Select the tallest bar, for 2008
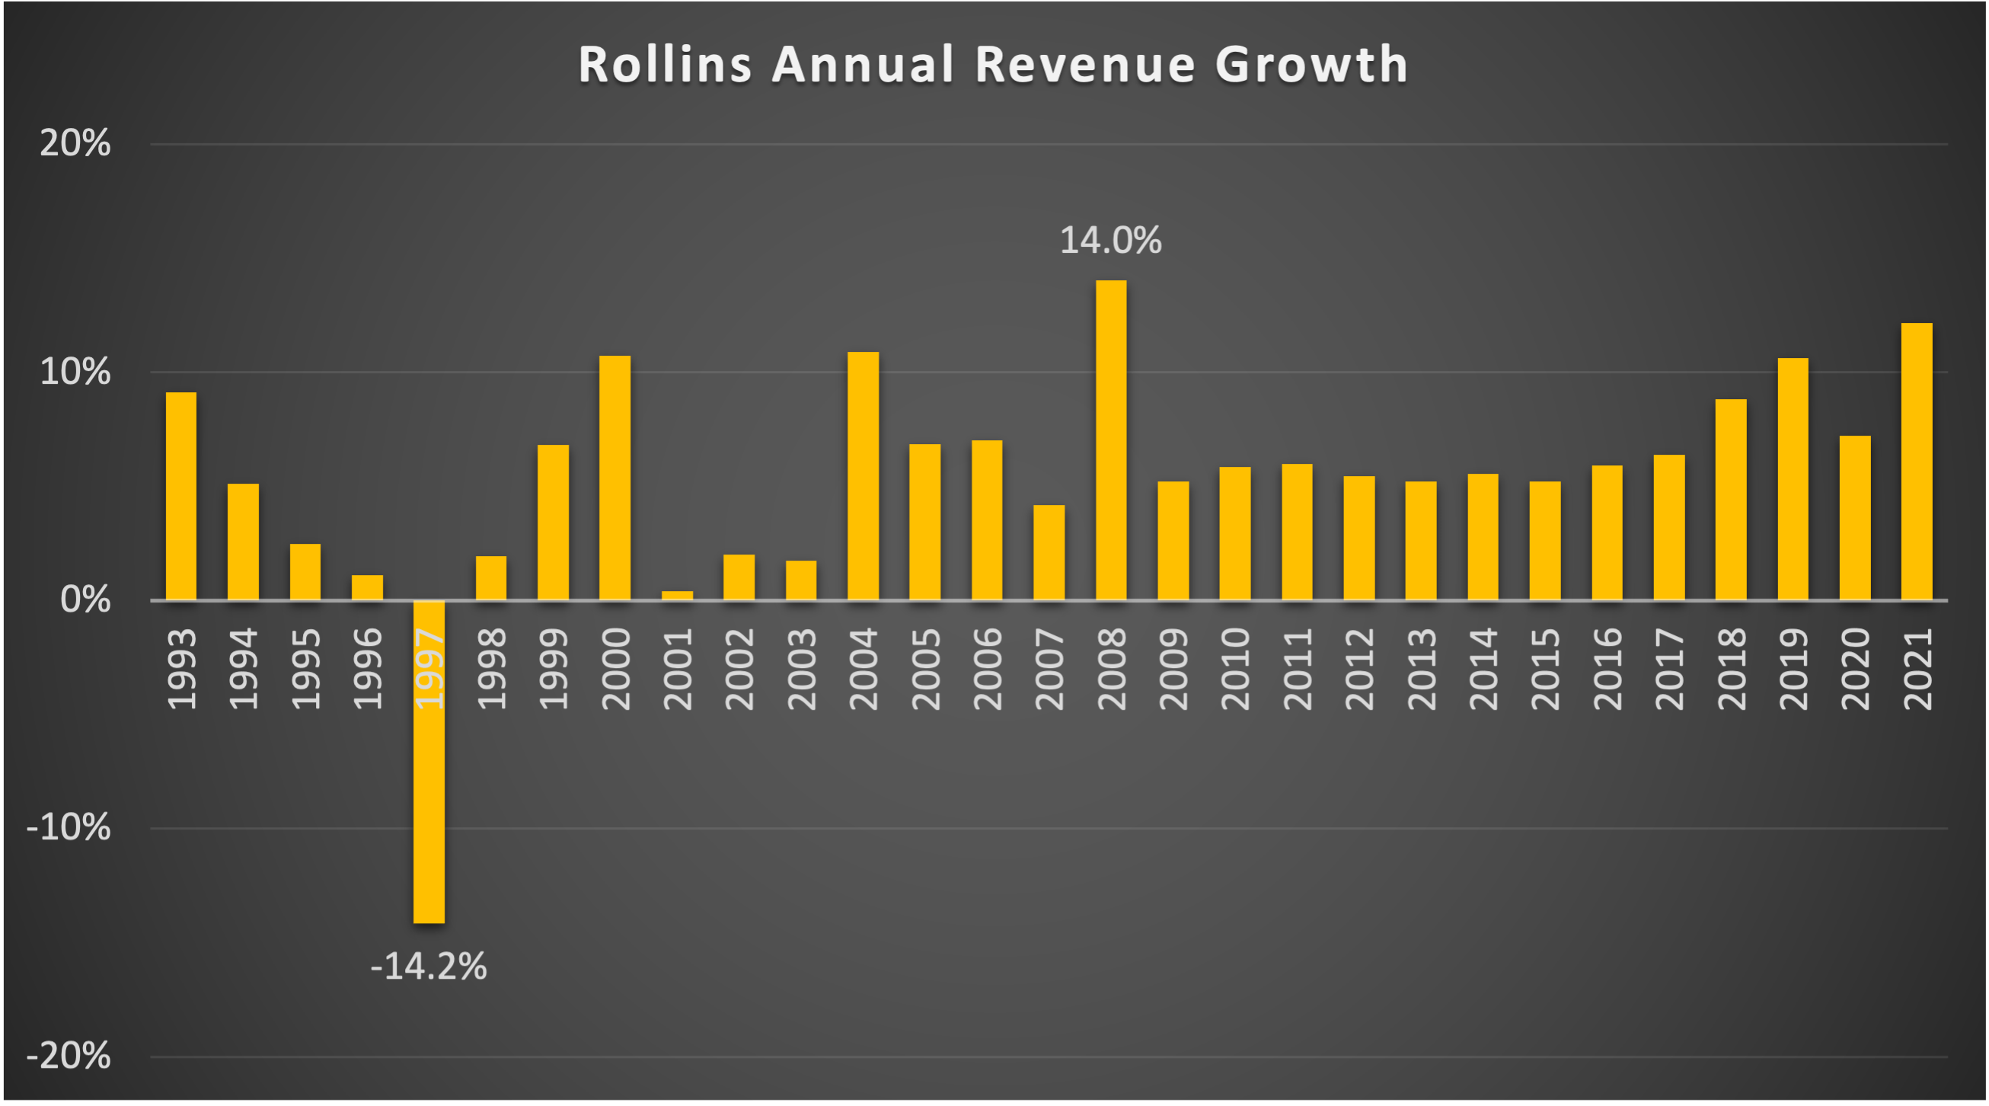tap(1111, 440)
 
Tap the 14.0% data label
tap(1110, 240)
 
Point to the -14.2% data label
tap(429, 966)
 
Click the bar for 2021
tap(1917, 461)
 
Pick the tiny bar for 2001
tap(677, 595)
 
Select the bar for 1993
tap(181, 496)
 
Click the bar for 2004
tap(864, 476)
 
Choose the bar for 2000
tap(615, 478)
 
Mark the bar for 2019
tap(1793, 479)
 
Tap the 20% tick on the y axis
tap(75, 144)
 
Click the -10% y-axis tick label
tap(69, 828)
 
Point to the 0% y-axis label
tap(85, 600)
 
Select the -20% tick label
tap(69, 1056)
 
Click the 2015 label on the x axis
tap(1545, 669)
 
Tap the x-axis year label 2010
tap(1235, 669)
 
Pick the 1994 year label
tap(243, 669)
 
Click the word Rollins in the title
tap(665, 64)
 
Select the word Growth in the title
tap(1311, 64)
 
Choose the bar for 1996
tap(367, 587)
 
